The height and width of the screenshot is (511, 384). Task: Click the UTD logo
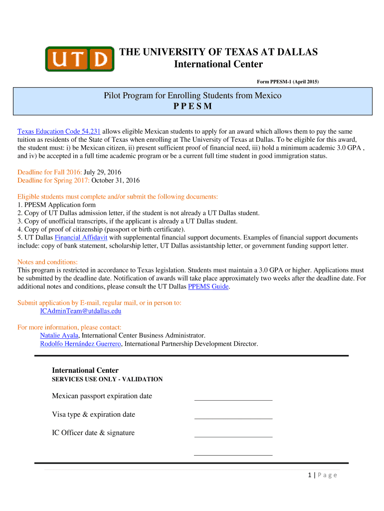click(x=78, y=59)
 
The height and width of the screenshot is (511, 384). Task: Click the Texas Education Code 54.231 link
click(x=59, y=131)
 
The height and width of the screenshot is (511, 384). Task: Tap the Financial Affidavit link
click(x=81, y=238)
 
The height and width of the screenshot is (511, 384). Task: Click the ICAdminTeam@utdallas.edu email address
click(x=80, y=311)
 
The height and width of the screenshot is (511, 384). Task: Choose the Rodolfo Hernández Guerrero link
click(x=81, y=343)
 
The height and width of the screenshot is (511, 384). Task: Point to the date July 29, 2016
click(x=105, y=172)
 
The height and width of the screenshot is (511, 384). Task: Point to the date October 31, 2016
click(x=116, y=180)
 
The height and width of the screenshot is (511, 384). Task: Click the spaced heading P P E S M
click(x=192, y=107)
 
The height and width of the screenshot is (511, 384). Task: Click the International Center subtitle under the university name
click(x=218, y=64)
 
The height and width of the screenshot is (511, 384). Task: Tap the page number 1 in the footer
click(x=310, y=475)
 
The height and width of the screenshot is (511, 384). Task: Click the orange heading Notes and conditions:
click(x=47, y=262)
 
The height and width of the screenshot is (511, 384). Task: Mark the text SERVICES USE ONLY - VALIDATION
click(x=107, y=379)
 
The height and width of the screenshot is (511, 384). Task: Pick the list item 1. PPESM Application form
click(x=56, y=205)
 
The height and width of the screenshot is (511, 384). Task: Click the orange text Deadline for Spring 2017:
click(x=53, y=180)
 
